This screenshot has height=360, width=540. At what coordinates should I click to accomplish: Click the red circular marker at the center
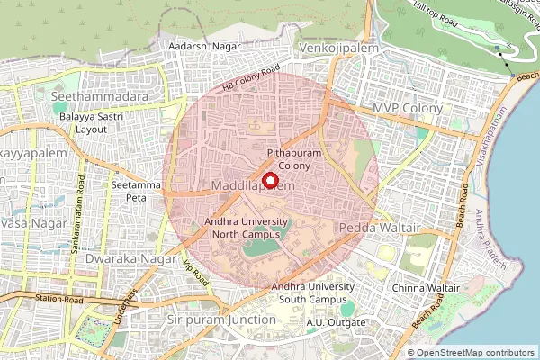pyautogui.click(x=268, y=179)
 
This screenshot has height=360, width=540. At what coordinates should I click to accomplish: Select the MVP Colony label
pyautogui.click(x=408, y=108)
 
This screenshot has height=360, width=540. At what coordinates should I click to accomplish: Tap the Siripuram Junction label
pyautogui.click(x=221, y=319)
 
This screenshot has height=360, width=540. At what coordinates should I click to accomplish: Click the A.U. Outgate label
pyautogui.click(x=336, y=322)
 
